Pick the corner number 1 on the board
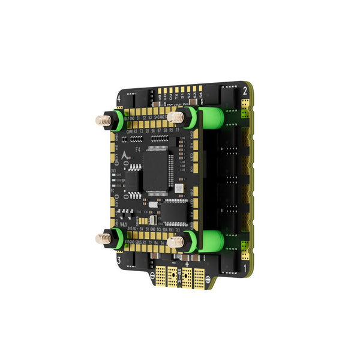pos(245,265)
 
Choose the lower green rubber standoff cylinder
pos(212,242)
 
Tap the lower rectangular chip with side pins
pos(175,209)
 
